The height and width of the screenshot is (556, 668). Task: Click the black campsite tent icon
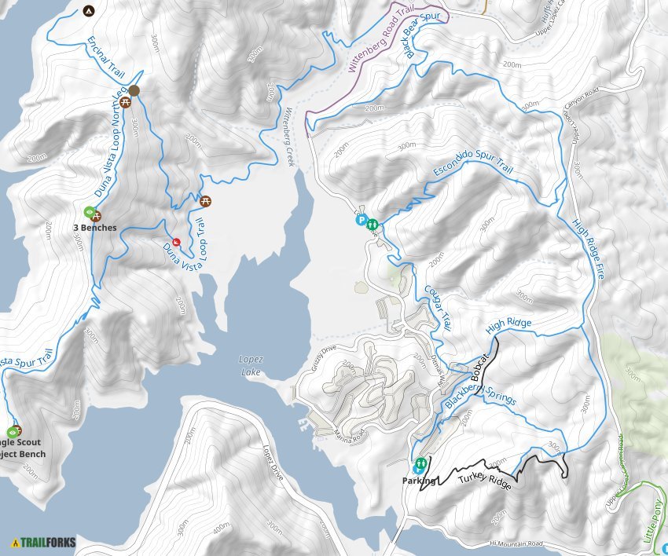point(87,11)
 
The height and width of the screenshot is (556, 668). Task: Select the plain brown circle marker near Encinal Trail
point(134,91)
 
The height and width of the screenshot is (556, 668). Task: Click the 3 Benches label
point(94,228)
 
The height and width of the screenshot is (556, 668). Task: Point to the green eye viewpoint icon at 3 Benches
point(89,212)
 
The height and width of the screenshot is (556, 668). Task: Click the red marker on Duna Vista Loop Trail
point(176,241)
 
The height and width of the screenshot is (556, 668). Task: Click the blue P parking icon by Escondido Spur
point(362,221)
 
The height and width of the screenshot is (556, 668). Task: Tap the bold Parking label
point(417,480)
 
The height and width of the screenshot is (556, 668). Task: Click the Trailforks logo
point(39,542)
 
